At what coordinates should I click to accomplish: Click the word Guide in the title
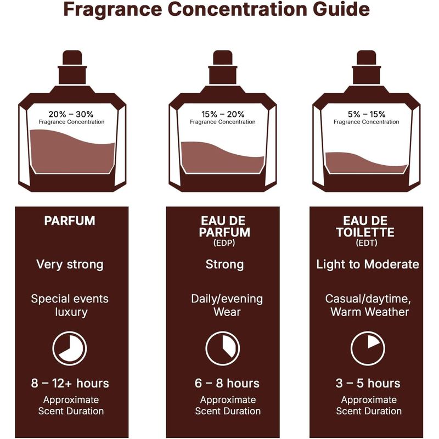pyautogui.click(x=341, y=9)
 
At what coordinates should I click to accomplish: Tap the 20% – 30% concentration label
pyautogui.click(x=71, y=114)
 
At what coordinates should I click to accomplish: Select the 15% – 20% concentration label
pyautogui.click(x=223, y=114)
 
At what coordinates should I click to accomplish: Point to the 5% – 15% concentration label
pyautogui.click(x=367, y=114)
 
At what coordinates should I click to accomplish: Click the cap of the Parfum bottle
pyautogui.click(x=72, y=58)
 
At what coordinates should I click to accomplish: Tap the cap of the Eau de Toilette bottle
pyautogui.click(x=367, y=58)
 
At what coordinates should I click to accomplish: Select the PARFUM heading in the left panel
pyautogui.click(x=70, y=221)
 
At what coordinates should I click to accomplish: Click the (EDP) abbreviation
pyautogui.click(x=224, y=243)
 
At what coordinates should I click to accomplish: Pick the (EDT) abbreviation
pyautogui.click(x=367, y=243)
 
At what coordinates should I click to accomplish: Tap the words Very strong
pyautogui.click(x=70, y=265)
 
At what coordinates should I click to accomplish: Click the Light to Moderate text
pyautogui.click(x=368, y=264)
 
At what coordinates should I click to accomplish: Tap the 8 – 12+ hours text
pyautogui.click(x=70, y=383)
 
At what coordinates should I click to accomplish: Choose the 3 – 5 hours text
pyautogui.click(x=368, y=383)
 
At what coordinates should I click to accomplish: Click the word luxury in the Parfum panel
pyautogui.click(x=71, y=312)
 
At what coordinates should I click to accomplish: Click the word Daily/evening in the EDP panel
pyautogui.click(x=227, y=299)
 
